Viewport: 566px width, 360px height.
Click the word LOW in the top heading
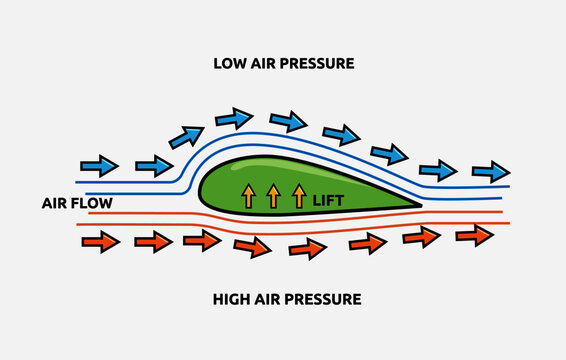point(230,64)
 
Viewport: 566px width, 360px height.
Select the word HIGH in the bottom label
point(231,298)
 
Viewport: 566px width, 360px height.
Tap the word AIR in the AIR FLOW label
point(55,203)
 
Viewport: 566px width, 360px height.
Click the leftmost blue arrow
point(99,165)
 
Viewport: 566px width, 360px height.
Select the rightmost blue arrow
point(490,171)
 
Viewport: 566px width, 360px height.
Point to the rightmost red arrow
point(475,235)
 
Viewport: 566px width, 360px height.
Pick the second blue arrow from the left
point(153,165)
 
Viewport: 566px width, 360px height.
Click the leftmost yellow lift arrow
point(247,194)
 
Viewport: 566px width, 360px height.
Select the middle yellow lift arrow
point(272,194)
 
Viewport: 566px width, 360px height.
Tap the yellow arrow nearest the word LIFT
point(297,194)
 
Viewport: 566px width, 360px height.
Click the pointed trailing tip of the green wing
point(419,205)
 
